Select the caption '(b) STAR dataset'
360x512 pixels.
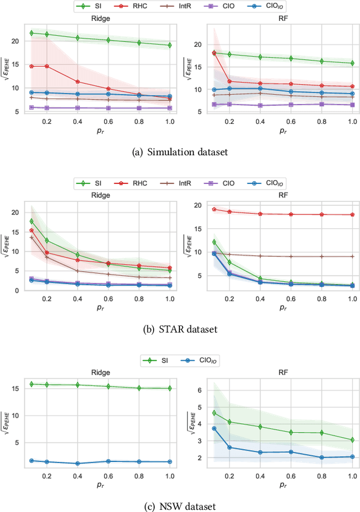(x=180, y=329)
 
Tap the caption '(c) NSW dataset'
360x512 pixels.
(x=180, y=505)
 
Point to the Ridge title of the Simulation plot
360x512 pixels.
(x=100, y=18)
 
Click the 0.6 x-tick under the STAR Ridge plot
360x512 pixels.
(x=108, y=300)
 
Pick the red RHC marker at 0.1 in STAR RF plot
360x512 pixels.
(x=214, y=209)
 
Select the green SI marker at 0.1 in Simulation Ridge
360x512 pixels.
(x=31, y=33)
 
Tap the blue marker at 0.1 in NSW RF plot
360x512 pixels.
(x=214, y=428)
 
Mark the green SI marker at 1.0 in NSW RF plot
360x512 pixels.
(x=352, y=440)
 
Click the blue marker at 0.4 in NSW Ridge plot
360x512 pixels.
(x=78, y=464)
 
